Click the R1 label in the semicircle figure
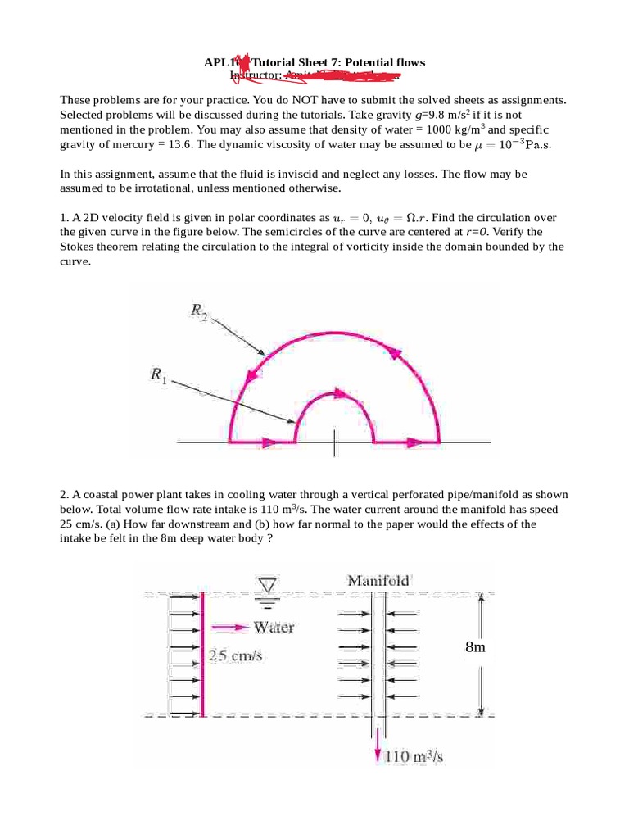(157, 374)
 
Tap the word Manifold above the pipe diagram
(378, 580)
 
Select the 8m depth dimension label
(475, 647)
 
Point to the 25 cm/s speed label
(234, 656)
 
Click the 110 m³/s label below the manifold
(415, 757)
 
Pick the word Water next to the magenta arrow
(274, 628)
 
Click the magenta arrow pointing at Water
(229, 628)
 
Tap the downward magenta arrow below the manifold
(378, 750)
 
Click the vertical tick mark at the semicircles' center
(333, 442)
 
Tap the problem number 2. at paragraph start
(65, 495)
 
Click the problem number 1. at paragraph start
(65, 217)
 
